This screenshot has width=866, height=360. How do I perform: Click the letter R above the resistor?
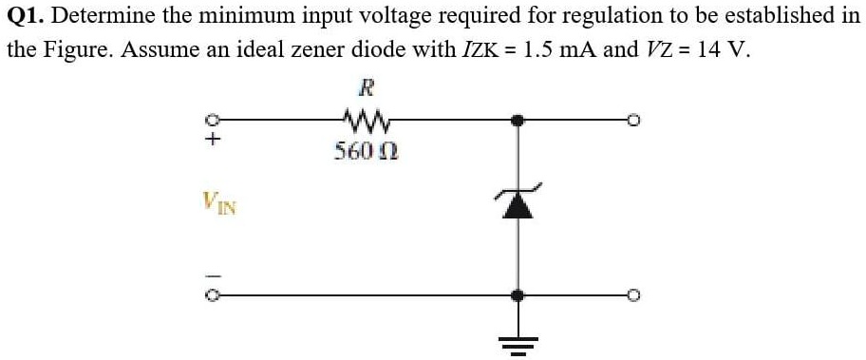[365, 90]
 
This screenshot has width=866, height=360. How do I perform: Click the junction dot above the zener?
[517, 121]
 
